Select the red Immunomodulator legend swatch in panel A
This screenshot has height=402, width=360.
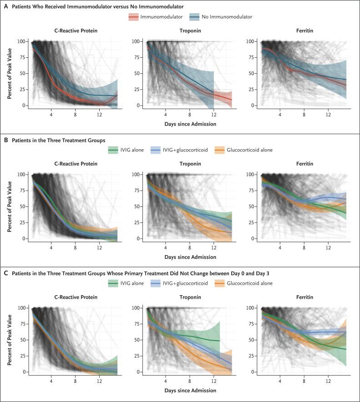134,17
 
